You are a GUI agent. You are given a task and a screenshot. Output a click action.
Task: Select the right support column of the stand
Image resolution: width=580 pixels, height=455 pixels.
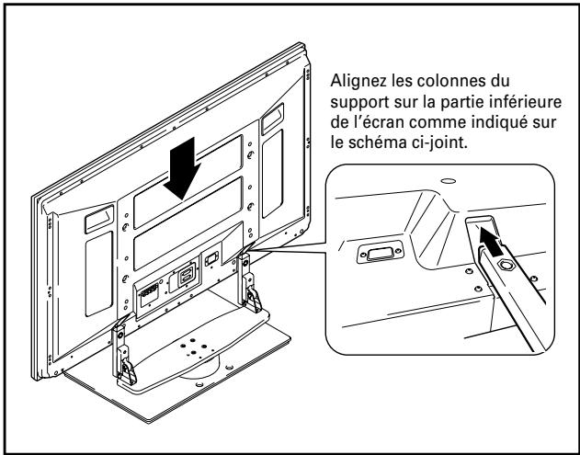247,280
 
